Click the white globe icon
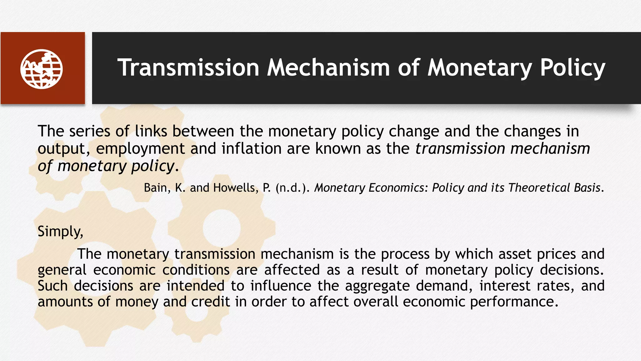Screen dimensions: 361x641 coord(42,69)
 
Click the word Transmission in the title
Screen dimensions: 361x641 coord(188,68)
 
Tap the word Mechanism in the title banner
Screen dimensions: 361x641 coord(328,68)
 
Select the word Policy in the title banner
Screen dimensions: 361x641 coord(572,68)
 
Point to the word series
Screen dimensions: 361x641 coord(90,131)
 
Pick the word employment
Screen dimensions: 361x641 coord(140,149)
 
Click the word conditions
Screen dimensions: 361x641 coord(196,270)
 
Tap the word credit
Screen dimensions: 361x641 coord(210,302)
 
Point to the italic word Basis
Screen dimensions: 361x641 coord(587,188)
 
